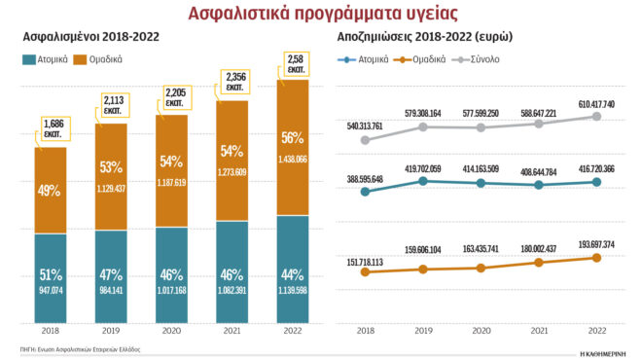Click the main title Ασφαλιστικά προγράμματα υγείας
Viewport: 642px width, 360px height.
point(320,13)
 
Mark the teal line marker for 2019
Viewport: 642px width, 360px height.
point(423,181)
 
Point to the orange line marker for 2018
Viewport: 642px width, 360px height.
point(365,271)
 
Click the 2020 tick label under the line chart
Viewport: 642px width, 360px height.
point(481,331)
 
